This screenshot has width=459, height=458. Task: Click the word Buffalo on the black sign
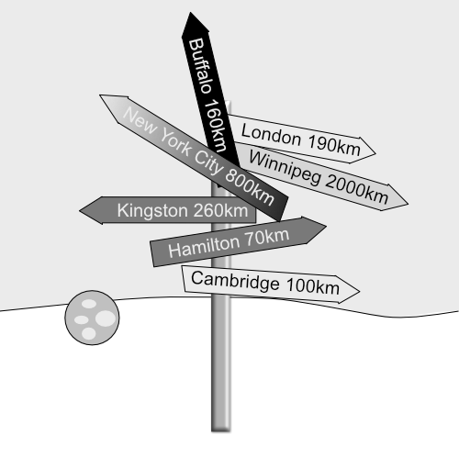(x=200, y=66)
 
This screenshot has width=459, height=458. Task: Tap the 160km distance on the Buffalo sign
(x=216, y=126)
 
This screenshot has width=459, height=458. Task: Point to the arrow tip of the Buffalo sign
(x=190, y=13)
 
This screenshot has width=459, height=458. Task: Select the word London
(x=271, y=135)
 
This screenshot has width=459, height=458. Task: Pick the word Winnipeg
(x=285, y=168)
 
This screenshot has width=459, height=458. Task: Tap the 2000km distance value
(x=357, y=190)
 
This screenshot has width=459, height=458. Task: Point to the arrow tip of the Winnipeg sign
(x=409, y=204)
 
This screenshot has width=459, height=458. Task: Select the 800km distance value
(x=250, y=187)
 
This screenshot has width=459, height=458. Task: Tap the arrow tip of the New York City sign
(x=100, y=95)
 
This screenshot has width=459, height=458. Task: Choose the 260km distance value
(x=221, y=211)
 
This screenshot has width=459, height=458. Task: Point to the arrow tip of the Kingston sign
(x=80, y=210)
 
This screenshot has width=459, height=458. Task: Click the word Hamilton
(x=204, y=246)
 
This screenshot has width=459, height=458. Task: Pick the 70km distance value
(x=267, y=237)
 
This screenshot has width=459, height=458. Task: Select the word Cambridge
(x=235, y=281)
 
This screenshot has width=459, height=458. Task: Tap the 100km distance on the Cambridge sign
(x=313, y=287)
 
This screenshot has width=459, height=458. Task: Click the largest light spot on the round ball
(x=106, y=318)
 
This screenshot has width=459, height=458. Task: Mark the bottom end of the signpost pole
(x=220, y=430)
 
